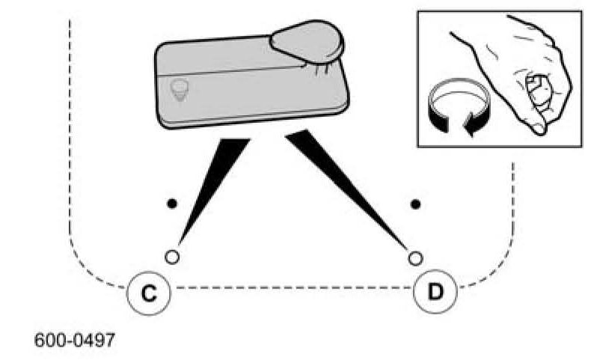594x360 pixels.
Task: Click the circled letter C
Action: [x=150, y=291]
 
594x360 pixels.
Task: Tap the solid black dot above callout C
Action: [x=171, y=203]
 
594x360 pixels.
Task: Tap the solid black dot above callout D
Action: [x=416, y=203]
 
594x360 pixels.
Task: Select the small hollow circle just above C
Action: [x=172, y=257]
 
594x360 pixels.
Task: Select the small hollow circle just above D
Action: [x=416, y=257]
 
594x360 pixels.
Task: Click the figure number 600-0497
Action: [x=75, y=341]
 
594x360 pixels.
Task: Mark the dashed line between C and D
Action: [x=292, y=287]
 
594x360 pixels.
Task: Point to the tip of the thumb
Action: [x=537, y=129]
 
